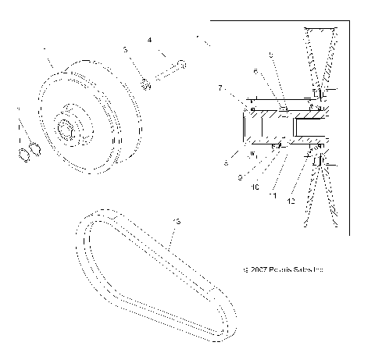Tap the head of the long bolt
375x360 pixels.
[180, 62]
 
